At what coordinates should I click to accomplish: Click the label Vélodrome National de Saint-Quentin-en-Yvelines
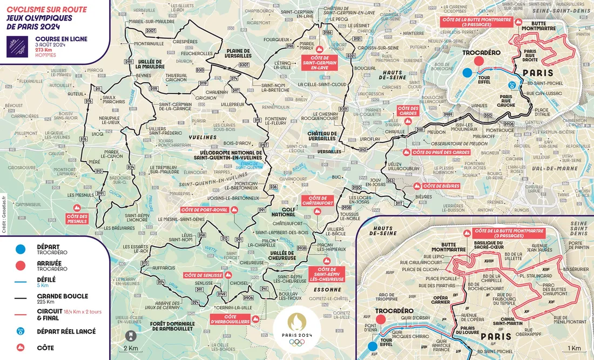tap(228, 155)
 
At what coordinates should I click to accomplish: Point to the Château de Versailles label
tap(322, 137)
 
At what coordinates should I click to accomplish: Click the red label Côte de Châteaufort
tap(318, 200)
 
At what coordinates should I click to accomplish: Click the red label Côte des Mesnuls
tap(76, 219)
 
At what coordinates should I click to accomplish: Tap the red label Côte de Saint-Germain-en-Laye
tap(320, 63)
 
